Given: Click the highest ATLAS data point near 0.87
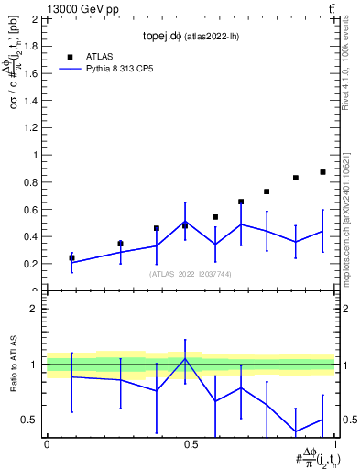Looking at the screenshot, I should (322, 172).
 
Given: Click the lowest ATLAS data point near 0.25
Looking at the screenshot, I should (71, 257).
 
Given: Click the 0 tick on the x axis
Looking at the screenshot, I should (46, 443).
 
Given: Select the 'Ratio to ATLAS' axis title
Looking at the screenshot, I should (13, 365).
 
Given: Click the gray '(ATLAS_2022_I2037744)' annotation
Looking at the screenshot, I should (190, 274).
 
